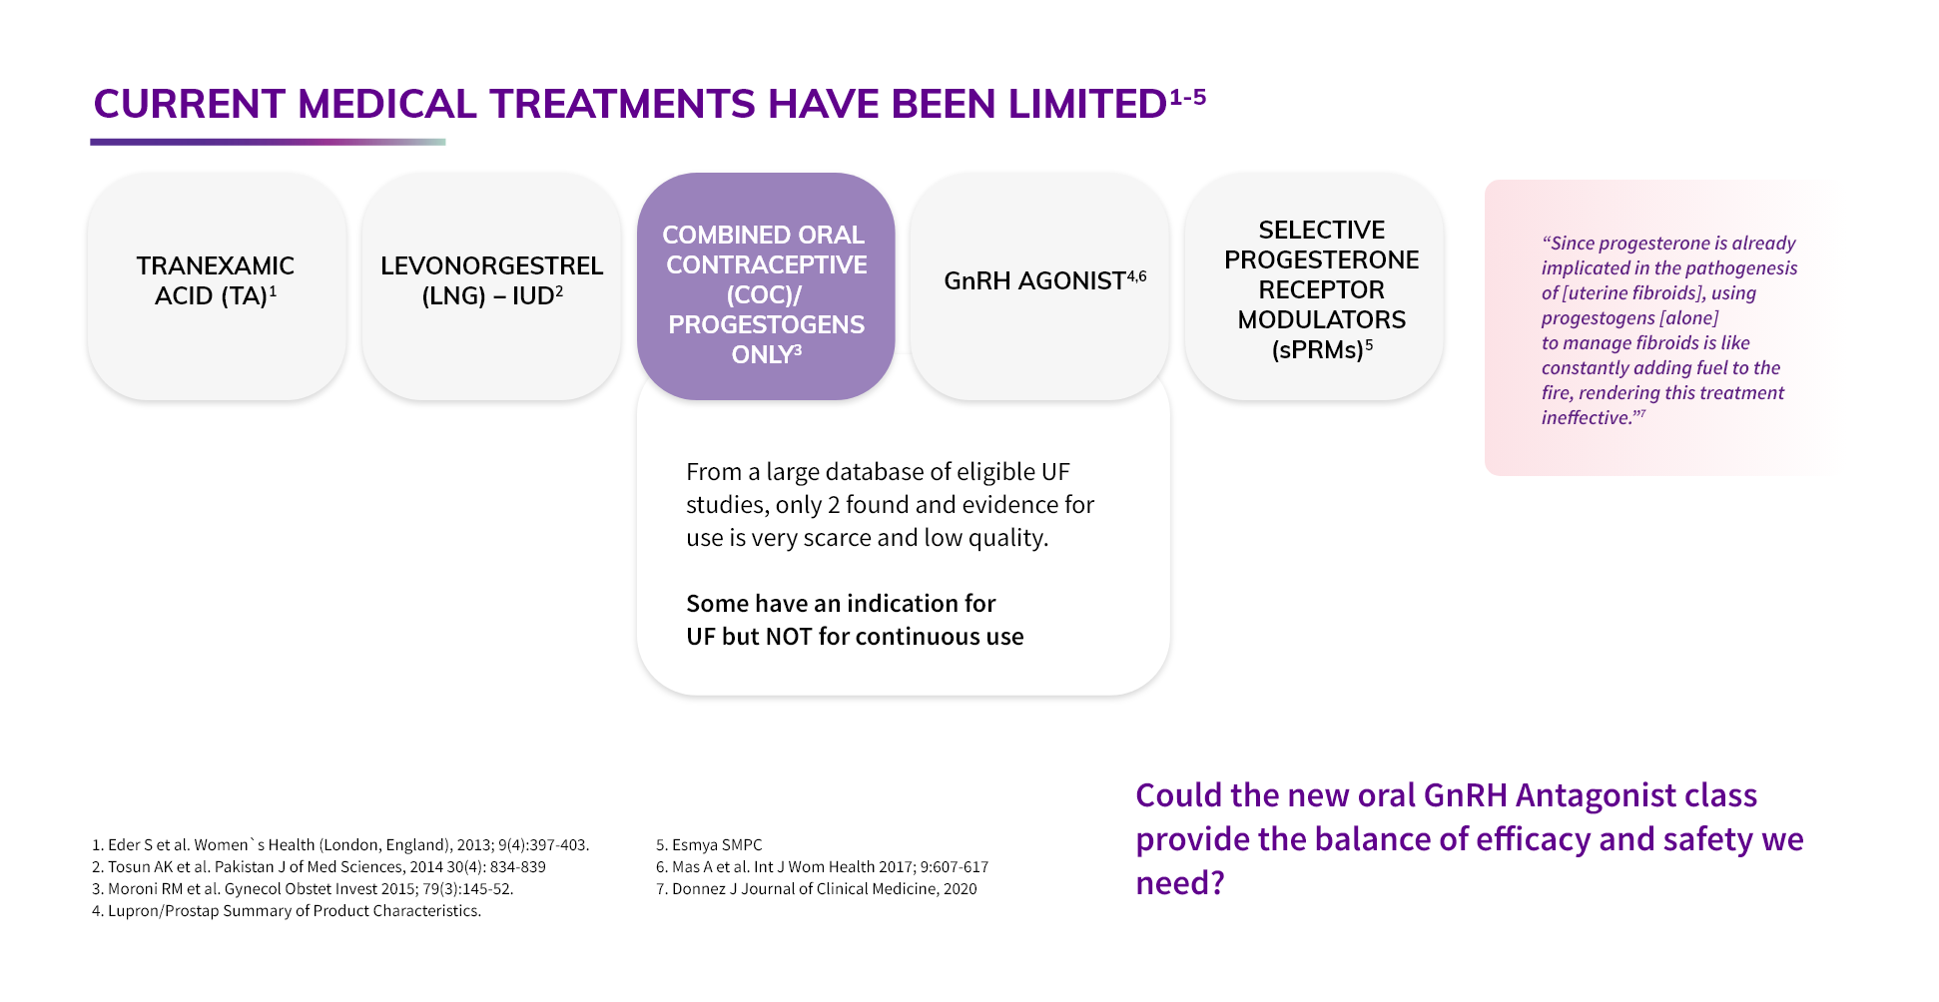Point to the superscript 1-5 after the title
pos(1187,97)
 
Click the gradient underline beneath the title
pos(268,142)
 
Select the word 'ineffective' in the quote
pos(1586,417)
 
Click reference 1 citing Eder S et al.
pos(340,845)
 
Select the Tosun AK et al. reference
pos(319,867)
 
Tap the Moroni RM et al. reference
pos(303,889)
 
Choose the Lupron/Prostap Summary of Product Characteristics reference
pos(287,911)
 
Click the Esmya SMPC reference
pos(709,845)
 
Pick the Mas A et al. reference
pos(822,867)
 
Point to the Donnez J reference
pos(816,889)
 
